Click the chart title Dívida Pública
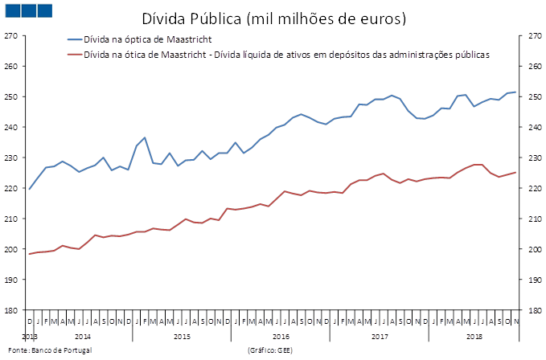pyautogui.click(x=273, y=17)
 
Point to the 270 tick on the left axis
pyautogui.click(x=11, y=35)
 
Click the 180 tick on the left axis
pyautogui.click(x=11, y=310)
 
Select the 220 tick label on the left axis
pyautogui.click(x=11, y=188)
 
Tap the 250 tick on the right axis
pyautogui.click(x=533, y=96)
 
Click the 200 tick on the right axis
pyautogui.click(x=533, y=249)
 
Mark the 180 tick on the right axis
pyautogui.click(x=533, y=310)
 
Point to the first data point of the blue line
pyautogui.click(x=29, y=190)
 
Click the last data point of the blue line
pyautogui.click(x=515, y=92)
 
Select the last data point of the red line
pyautogui.click(x=515, y=172)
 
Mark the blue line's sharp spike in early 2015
pyautogui.click(x=145, y=137)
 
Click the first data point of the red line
pyautogui.click(x=29, y=254)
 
